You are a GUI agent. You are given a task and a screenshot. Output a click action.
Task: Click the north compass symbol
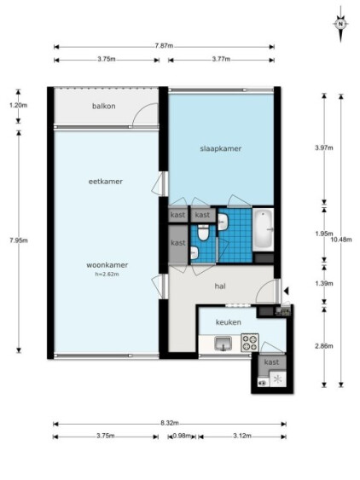[x=340, y=24]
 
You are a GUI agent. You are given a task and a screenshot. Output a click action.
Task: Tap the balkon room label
[x=104, y=107]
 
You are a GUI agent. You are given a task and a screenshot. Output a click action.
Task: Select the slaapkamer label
[x=221, y=149]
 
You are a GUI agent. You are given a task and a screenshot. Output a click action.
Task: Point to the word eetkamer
[x=106, y=182]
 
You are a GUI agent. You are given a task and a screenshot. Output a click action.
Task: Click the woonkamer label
[x=107, y=265]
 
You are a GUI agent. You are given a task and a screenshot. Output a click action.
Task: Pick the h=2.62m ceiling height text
[x=107, y=275]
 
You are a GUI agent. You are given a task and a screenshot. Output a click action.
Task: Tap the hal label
[x=220, y=286]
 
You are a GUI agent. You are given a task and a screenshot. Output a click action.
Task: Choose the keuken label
[x=229, y=322]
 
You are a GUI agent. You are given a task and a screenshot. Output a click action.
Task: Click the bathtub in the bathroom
[x=264, y=229]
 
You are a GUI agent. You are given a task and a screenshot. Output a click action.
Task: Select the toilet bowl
[x=202, y=233]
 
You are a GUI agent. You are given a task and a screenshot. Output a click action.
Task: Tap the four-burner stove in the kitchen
[x=250, y=343]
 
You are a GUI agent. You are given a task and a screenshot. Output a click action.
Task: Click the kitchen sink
[x=224, y=344]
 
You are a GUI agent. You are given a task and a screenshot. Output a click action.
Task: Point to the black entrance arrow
[x=286, y=291]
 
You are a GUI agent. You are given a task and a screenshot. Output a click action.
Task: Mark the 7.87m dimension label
[x=164, y=46]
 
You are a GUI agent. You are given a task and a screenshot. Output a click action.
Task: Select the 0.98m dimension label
[x=182, y=436]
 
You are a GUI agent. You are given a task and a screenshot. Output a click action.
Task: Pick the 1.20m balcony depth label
[x=19, y=106]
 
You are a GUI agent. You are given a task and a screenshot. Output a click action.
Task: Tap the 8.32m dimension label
[x=170, y=423]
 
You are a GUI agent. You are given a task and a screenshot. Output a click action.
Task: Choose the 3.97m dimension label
[x=324, y=147]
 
